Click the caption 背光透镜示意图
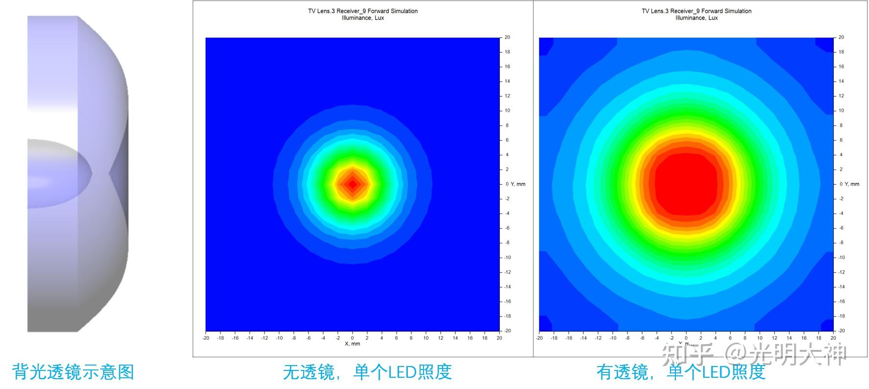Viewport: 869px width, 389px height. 73,372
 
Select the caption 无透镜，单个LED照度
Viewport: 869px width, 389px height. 367,372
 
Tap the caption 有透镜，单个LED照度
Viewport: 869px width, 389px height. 680,372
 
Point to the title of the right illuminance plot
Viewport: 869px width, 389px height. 696,14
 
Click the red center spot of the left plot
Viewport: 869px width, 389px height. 352,184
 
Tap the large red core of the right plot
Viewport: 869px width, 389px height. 686,184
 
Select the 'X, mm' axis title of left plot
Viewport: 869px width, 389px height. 352,344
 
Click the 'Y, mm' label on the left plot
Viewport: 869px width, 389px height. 518,184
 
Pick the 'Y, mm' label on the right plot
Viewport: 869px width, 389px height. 852,184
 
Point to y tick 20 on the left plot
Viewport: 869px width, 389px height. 507,37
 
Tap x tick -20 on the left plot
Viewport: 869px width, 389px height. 205,338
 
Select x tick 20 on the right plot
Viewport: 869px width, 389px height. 833,338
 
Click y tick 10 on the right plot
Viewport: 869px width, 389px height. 841,110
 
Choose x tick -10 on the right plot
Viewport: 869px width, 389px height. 612,338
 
